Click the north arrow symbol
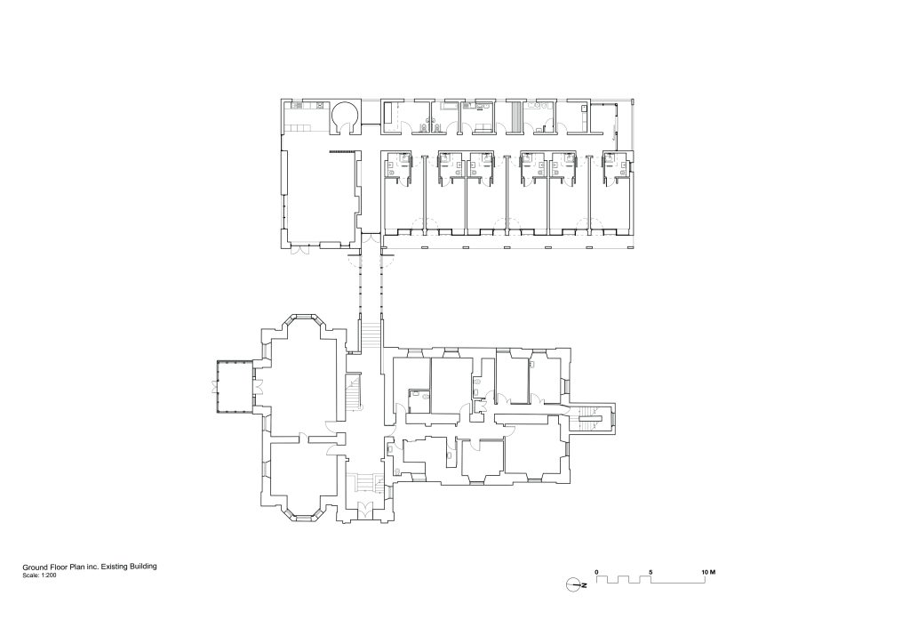coord(574,584)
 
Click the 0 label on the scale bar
coord(597,570)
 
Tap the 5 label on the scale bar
coord(651,570)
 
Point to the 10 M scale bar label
coord(708,570)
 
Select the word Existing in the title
coord(115,566)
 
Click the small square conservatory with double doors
coord(234,387)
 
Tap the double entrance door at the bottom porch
coord(364,511)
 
